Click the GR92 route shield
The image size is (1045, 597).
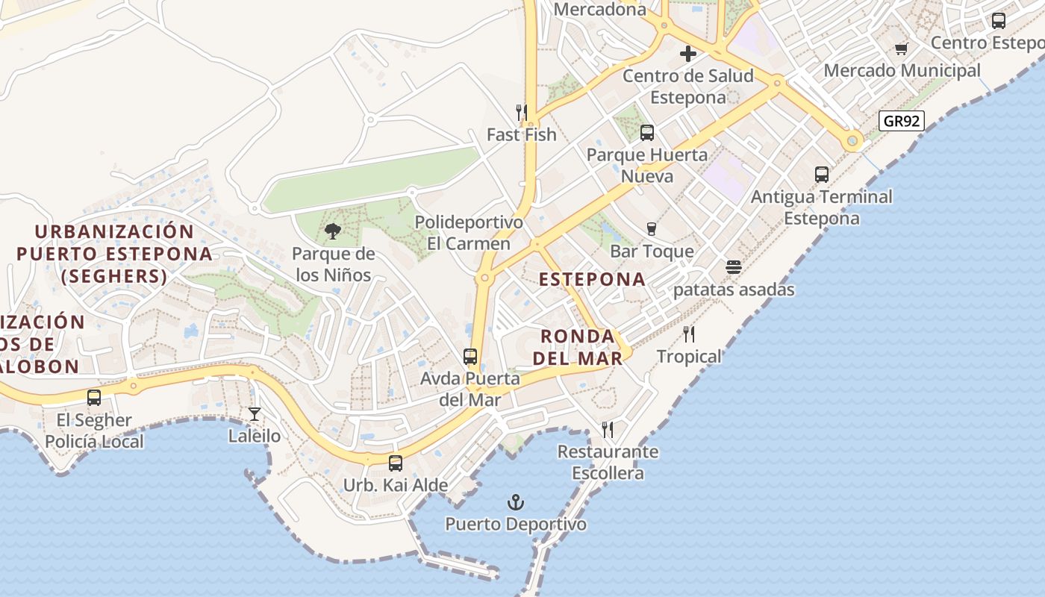coord(902,121)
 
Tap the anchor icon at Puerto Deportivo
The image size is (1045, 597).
coord(516,502)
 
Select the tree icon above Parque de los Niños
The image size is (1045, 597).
coord(333,232)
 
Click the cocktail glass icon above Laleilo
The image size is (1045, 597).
coord(255,413)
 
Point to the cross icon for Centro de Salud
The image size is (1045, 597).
coord(688,54)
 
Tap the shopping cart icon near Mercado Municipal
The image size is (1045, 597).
coord(902,49)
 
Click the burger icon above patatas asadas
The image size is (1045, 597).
coord(734,267)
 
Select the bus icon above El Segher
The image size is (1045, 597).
coord(94,398)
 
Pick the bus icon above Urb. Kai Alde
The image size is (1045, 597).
coord(396,463)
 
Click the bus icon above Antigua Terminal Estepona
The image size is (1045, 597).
coord(822,175)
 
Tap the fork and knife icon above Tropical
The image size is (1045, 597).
coord(689,334)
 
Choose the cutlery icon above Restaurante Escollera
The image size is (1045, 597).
coord(608,430)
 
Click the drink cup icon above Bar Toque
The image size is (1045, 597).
coord(652,229)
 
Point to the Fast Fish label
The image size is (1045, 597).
coord(522,134)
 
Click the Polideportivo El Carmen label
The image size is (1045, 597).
coord(469,233)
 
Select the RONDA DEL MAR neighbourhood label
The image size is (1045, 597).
coord(578,347)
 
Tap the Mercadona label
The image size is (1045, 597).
coord(600,10)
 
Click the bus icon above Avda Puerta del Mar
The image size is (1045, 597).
coord(470,357)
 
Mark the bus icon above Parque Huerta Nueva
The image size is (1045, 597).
coord(647,133)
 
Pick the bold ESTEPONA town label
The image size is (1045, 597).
coord(592,279)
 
